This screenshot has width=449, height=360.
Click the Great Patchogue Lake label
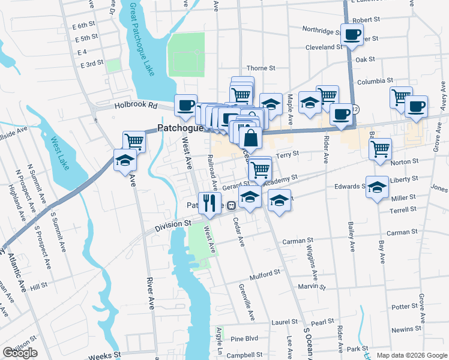tap(142, 38)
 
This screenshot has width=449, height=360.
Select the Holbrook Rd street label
tap(136, 106)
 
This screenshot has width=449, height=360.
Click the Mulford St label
tap(265, 278)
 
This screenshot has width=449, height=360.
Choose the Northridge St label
tap(322, 30)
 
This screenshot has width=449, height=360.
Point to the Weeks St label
tap(104, 356)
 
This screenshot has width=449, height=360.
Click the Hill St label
tap(38, 287)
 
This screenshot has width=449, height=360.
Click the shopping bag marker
tap(251, 138)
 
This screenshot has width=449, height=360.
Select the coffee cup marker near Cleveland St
tap(352, 34)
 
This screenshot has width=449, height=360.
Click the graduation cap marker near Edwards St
tap(377, 188)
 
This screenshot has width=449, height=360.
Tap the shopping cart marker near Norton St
tap(380, 149)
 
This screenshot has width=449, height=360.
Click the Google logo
tap(20, 353)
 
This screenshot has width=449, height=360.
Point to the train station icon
tap(231, 205)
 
